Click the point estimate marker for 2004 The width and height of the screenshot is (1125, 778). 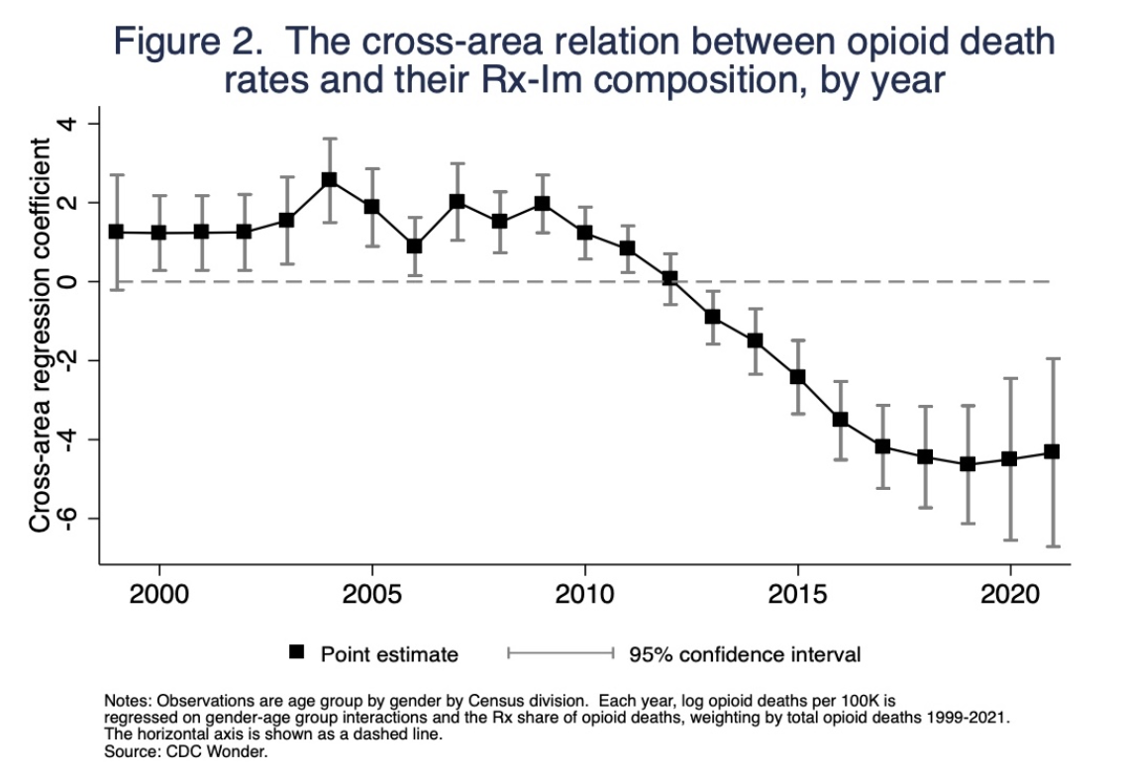click(329, 180)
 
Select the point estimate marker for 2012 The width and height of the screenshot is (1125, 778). click(669, 278)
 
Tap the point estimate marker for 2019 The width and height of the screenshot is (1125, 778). click(968, 463)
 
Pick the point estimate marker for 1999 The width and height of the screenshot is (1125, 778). click(116, 232)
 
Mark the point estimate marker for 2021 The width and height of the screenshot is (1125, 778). click(1053, 451)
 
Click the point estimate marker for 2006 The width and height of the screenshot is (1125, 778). click(414, 245)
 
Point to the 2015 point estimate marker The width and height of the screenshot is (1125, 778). click(797, 376)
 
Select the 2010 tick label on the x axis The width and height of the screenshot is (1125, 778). click(584, 596)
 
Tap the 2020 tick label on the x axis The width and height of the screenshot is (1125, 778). click(1010, 596)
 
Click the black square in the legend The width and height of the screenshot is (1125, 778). click(295, 652)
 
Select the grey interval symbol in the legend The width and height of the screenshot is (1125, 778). click(562, 652)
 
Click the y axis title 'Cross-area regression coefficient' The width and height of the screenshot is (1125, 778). click(41, 335)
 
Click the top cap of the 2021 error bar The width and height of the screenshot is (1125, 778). click(1053, 359)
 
